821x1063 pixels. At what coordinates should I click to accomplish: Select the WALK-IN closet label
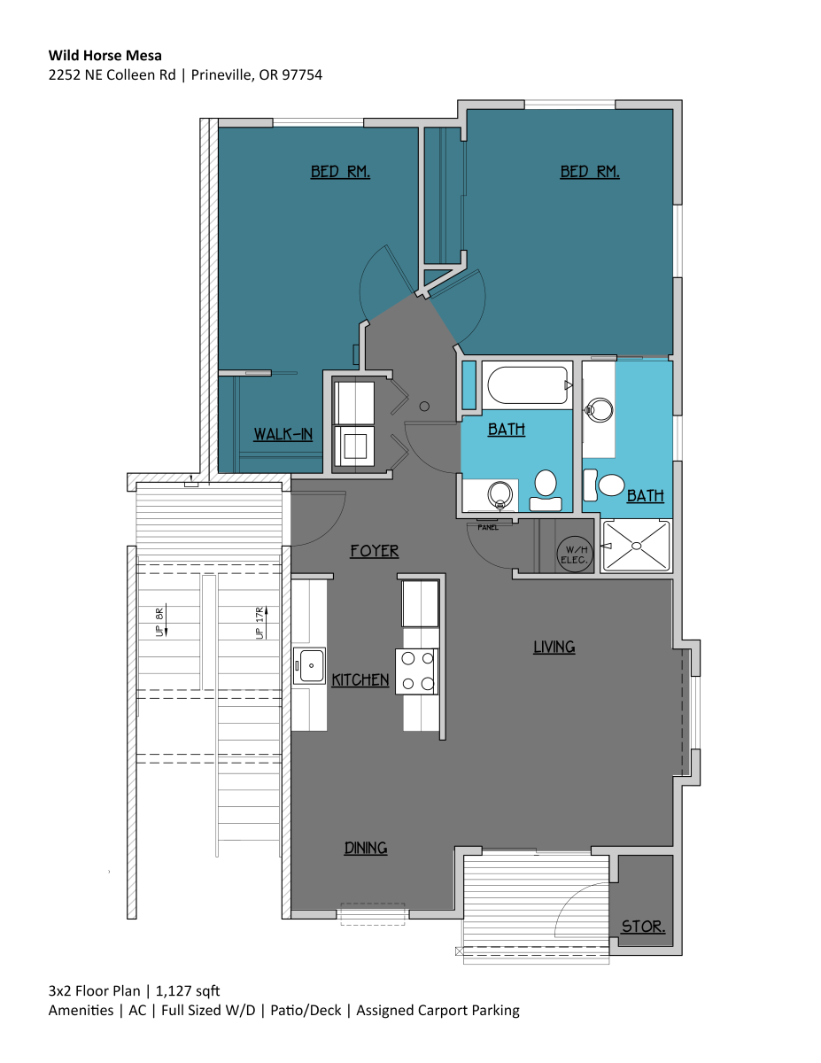(283, 434)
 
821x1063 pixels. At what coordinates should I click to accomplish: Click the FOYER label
(374, 551)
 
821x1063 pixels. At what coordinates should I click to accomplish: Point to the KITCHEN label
(360, 680)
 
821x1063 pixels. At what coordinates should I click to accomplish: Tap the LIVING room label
(554, 648)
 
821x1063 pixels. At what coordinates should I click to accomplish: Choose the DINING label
(366, 849)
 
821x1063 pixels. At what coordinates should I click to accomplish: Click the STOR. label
(643, 927)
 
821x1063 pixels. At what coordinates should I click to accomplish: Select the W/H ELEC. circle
(573, 554)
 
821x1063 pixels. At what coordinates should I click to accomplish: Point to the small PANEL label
(487, 527)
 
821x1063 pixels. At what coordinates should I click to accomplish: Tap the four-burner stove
(417, 671)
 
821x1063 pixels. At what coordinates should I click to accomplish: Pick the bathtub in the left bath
(524, 385)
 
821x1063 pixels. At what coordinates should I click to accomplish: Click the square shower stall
(636, 545)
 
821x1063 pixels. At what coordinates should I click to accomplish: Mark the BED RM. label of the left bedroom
(340, 172)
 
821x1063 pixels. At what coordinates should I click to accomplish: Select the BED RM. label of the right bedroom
(590, 172)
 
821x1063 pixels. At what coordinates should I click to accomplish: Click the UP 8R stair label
(160, 623)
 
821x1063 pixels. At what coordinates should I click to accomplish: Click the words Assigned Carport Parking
(438, 1010)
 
